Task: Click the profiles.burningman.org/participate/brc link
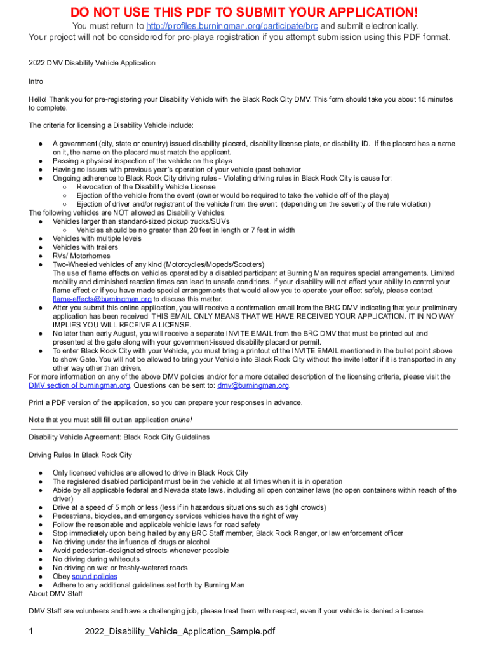click(232, 26)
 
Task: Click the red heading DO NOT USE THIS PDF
click(245, 11)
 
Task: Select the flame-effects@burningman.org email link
click(102, 299)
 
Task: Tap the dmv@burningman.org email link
click(253, 385)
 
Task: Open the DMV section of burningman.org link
click(79, 385)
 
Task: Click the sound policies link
click(95, 577)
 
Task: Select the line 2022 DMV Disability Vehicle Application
click(92, 63)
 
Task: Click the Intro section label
click(36, 81)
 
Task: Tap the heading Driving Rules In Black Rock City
click(80, 455)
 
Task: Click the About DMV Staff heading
click(55, 594)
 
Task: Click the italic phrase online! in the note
click(181, 420)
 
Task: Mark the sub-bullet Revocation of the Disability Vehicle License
click(146, 187)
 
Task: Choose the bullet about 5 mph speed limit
click(180, 507)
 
